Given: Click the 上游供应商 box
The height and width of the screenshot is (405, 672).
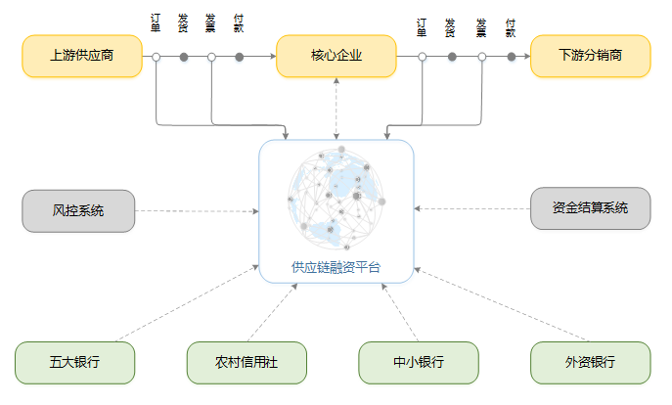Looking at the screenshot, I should pos(82,56).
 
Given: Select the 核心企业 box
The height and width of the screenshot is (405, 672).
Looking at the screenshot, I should pos(336,56).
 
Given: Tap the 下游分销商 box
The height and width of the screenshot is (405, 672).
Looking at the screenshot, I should pos(590,56).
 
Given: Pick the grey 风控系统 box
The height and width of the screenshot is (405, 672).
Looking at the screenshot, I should pos(78,210).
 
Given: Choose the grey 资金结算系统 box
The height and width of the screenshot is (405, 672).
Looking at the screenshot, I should pos(590,208).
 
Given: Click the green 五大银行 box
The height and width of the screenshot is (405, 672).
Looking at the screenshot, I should pos(74,362).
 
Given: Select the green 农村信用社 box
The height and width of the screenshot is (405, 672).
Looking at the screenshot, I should pos(246,362).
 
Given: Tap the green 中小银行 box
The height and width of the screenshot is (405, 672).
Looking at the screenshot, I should pos(419,362).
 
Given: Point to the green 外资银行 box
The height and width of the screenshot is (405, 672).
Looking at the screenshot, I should pos(590,362).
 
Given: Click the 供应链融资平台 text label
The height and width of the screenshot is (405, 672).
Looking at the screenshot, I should pos(336,266).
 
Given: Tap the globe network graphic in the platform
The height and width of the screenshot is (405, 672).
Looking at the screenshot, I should pos(336,199).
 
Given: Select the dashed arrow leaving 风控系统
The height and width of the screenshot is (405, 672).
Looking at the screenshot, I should pos(196,210).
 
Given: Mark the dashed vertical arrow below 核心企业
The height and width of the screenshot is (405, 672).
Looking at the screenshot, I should pos(336,108).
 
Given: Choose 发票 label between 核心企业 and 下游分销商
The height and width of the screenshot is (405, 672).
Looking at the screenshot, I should pos(481,26).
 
